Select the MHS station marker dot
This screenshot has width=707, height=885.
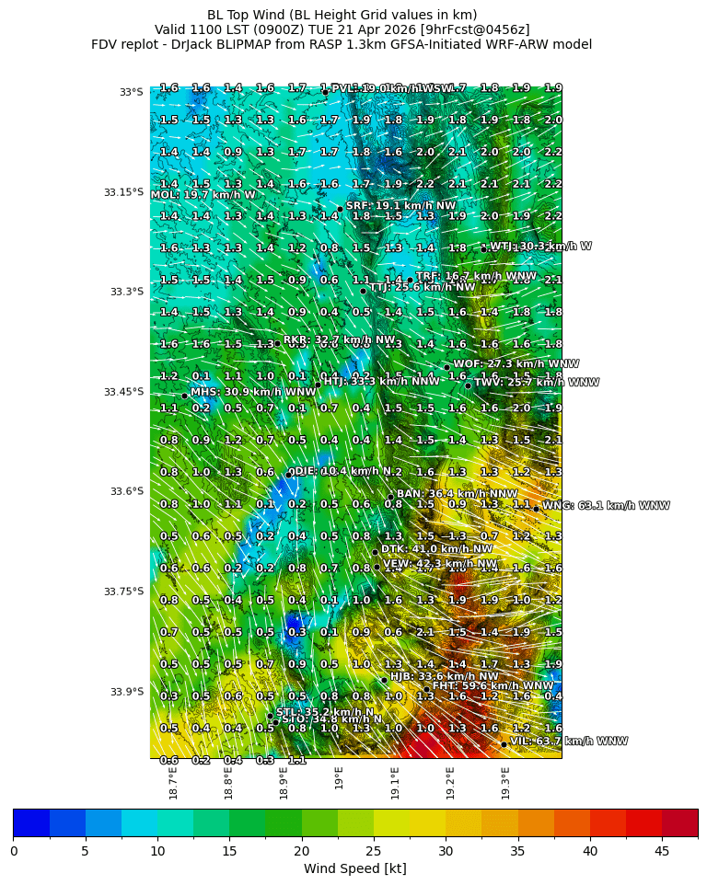pyautogui.click(x=184, y=396)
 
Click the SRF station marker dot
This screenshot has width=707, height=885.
pyautogui.click(x=339, y=209)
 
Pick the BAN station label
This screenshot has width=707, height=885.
pyautogui.click(x=457, y=494)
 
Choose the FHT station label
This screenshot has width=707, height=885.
pyautogui.click(x=493, y=685)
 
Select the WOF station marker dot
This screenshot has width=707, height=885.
pyautogui.click(x=446, y=367)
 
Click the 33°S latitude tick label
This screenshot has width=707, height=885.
pyautogui.click(x=131, y=92)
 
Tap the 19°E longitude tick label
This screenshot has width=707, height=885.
pyautogui.click(x=339, y=778)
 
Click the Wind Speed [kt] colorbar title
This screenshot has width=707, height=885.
pyautogui.click(x=354, y=868)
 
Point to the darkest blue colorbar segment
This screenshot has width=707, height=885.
pyautogui.click(x=30, y=822)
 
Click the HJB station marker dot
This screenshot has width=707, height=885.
pyautogui.click(x=384, y=680)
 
